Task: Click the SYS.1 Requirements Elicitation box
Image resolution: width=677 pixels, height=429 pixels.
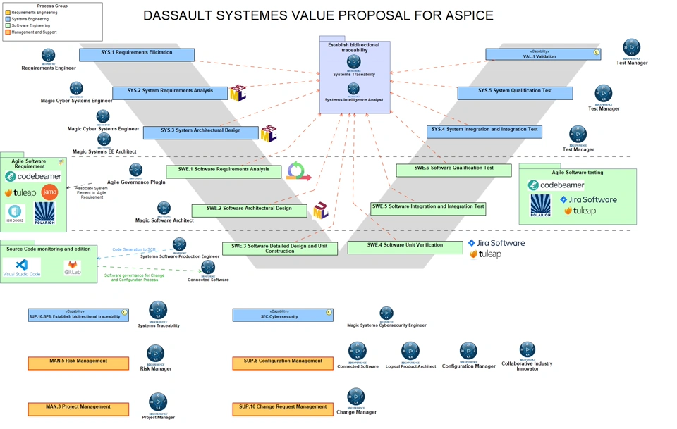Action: point(137,54)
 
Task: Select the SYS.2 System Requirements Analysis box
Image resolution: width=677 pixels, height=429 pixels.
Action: point(170,92)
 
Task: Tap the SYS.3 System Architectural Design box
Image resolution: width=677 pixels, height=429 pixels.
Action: point(200,132)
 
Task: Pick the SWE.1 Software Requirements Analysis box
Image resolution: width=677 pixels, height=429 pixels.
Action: point(224,171)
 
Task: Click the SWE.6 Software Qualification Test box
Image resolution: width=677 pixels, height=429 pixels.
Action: point(453,170)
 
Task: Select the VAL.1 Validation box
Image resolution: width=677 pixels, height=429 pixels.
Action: point(542,54)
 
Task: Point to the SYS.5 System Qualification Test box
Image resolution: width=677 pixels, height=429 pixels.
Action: point(515,92)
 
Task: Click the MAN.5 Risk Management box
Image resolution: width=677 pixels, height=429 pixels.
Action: point(78,363)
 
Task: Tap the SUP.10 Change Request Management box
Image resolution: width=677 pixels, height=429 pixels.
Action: point(283,409)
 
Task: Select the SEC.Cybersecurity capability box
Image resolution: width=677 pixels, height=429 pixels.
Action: point(283,315)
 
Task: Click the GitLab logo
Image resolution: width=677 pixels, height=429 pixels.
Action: point(73,268)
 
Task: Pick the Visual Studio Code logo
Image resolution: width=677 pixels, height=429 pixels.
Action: point(22,267)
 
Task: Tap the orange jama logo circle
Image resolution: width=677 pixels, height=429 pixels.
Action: point(49,192)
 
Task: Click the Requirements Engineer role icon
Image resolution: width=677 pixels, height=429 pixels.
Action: point(48,56)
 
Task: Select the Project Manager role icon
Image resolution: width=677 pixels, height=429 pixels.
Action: point(158,402)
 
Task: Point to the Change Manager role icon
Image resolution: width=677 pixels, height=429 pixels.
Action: point(356,397)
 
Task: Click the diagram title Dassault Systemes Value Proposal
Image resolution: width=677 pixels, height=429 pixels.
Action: point(318,15)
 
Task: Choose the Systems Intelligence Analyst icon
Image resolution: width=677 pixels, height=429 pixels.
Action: point(353,89)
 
